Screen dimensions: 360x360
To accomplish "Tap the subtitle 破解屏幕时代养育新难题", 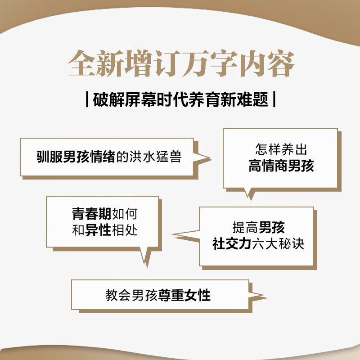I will pyautogui.click(x=180, y=99).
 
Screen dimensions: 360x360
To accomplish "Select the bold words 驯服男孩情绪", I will pyautogui.click(x=76, y=157).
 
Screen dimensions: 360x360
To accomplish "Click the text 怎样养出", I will pyautogui.click(x=281, y=150).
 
